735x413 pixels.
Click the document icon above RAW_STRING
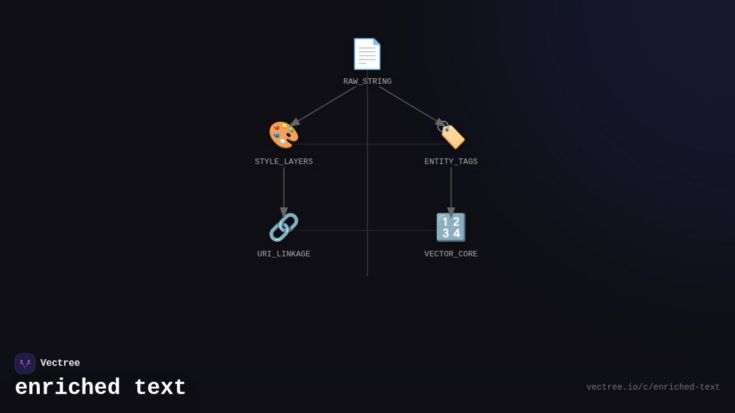[x=367, y=54]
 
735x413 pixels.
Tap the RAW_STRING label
[x=367, y=81]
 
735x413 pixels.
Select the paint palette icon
[x=284, y=135]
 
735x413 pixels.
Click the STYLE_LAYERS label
[x=284, y=162]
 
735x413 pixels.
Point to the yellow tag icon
[x=451, y=135]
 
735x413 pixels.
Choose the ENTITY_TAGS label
[x=451, y=162]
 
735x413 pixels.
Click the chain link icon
[x=284, y=227]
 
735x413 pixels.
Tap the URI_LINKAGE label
[x=284, y=254]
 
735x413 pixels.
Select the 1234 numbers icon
[x=451, y=227]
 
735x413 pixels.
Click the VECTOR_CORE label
[x=451, y=254]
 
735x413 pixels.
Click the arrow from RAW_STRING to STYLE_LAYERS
[x=323, y=106]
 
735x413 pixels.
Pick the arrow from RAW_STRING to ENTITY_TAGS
[x=409, y=105]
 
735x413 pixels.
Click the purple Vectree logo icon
[x=25, y=363]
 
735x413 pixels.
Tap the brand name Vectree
[x=60, y=363]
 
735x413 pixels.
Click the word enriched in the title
[x=67, y=388]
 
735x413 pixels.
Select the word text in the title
[x=160, y=388]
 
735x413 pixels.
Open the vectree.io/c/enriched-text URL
[x=653, y=387]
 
